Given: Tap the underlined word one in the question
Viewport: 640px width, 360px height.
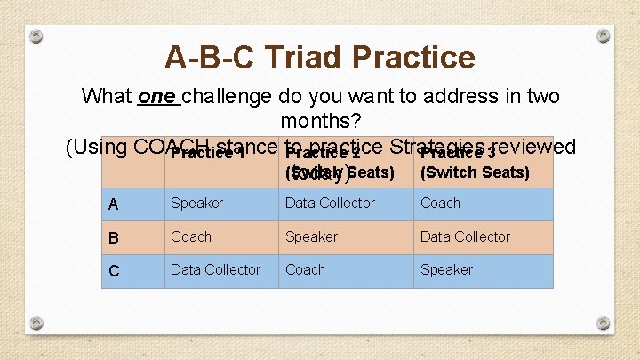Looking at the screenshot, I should click(156, 96).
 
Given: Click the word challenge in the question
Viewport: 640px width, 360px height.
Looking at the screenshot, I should click(226, 96).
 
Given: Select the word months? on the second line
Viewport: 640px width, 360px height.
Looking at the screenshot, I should click(319, 121).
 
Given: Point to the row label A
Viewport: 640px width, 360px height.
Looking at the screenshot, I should click(113, 204).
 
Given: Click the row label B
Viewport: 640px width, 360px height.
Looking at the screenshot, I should click(113, 237).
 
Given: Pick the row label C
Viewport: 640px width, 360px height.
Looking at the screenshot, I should click(113, 271).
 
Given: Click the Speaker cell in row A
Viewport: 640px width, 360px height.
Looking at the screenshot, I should click(196, 204).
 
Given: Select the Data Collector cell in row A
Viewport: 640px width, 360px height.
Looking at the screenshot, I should click(330, 204).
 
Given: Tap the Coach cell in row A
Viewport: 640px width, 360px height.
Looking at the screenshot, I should click(440, 204).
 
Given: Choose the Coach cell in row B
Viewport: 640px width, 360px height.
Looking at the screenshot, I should click(191, 237).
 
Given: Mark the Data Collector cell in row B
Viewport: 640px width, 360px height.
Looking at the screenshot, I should click(465, 237).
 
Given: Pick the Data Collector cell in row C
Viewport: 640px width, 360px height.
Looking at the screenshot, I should click(215, 270).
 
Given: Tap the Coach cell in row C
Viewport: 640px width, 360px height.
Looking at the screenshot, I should click(305, 270).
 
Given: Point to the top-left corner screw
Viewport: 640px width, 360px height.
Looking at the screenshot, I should click(35, 37).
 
